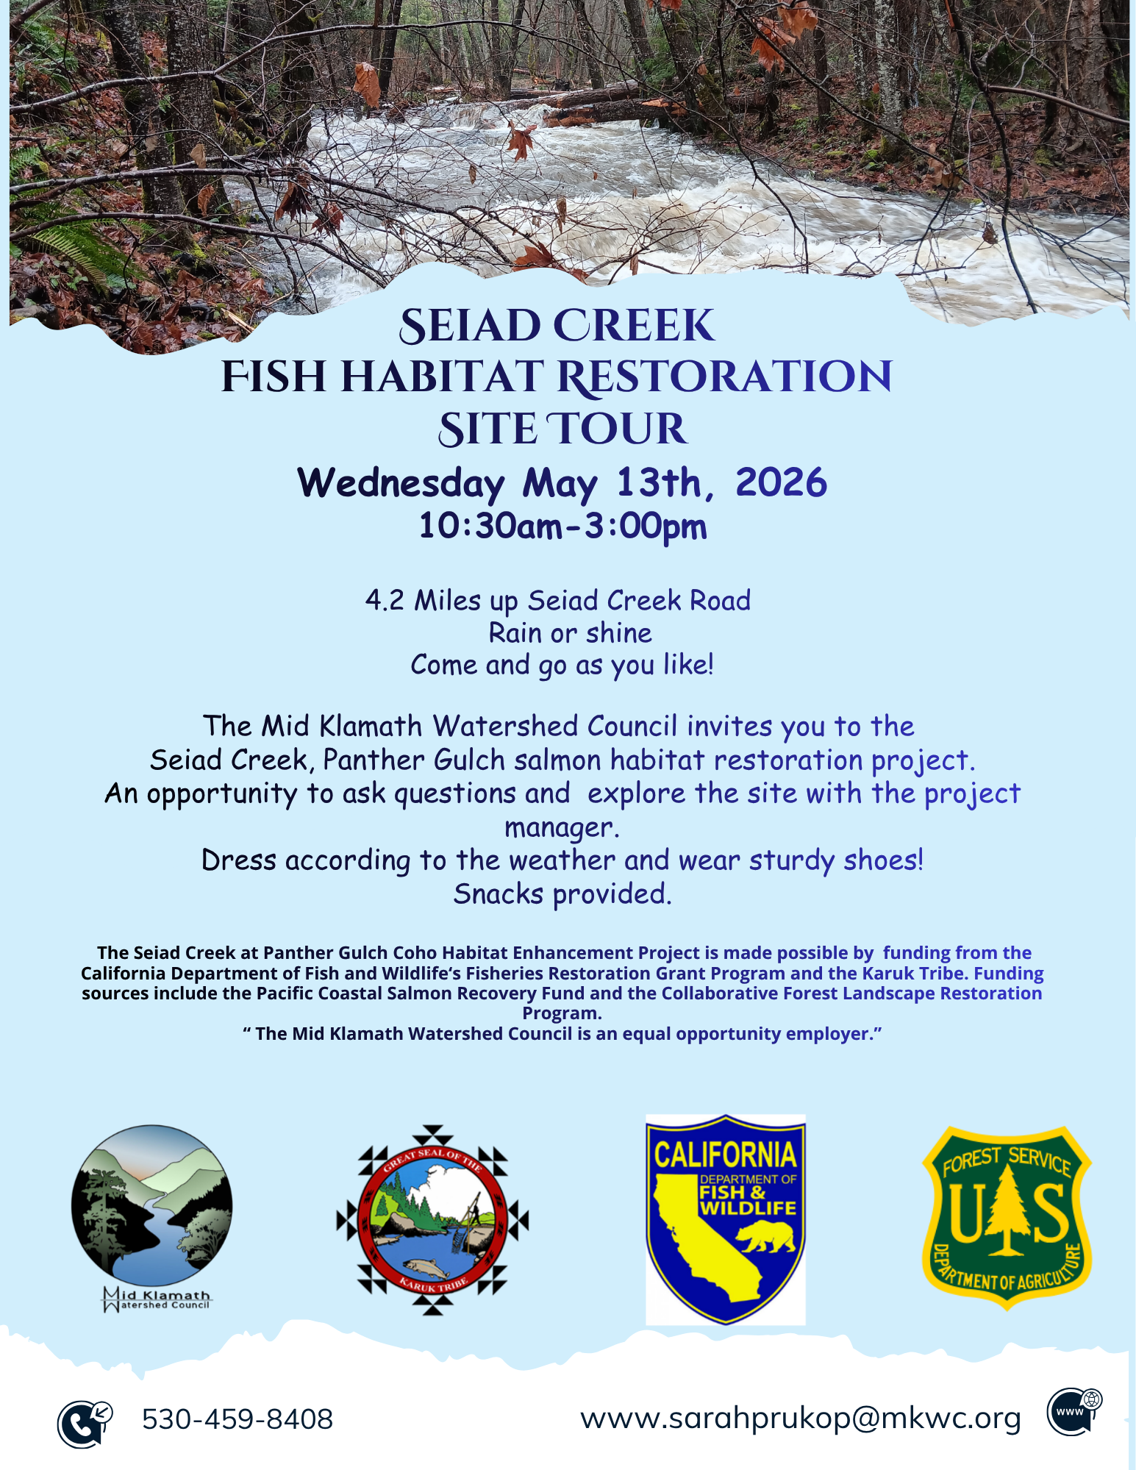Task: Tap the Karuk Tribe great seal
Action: coord(432,1219)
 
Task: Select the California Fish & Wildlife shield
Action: coord(725,1219)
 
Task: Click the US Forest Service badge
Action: coord(1007,1217)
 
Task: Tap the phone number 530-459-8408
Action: coord(237,1419)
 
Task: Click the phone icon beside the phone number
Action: coord(83,1423)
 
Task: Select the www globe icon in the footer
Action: coord(1074,1411)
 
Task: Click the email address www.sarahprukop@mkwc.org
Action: coord(801,1419)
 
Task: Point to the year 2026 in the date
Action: coord(781,483)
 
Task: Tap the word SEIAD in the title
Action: coord(470,326)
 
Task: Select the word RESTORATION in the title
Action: coord(724,377)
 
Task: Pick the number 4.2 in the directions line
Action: coord(385,601)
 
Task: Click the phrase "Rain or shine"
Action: coord(570,633)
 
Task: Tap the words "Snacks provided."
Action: coord(562,894)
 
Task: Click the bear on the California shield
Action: coord(768,1237)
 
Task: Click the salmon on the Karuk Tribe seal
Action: coord(425,1268)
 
